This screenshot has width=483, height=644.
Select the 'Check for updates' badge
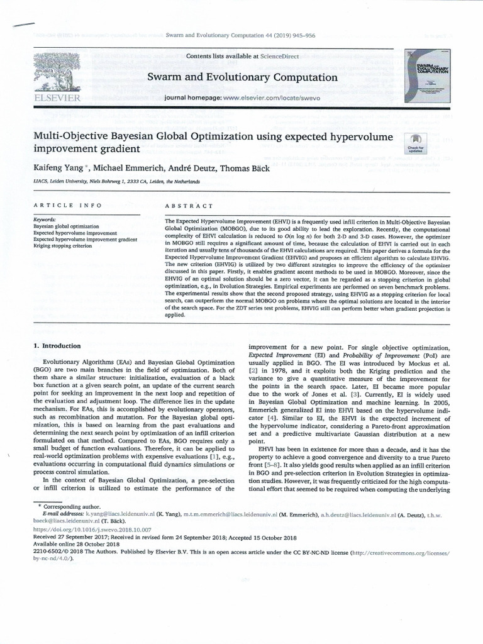pos(416,143)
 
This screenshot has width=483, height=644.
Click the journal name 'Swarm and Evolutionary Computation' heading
pos(233,77)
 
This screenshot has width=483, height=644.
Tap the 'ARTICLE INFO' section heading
pos(60,206)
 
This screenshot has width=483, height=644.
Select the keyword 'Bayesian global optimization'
pos(66,225)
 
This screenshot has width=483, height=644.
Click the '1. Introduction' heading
pos(57,346)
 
